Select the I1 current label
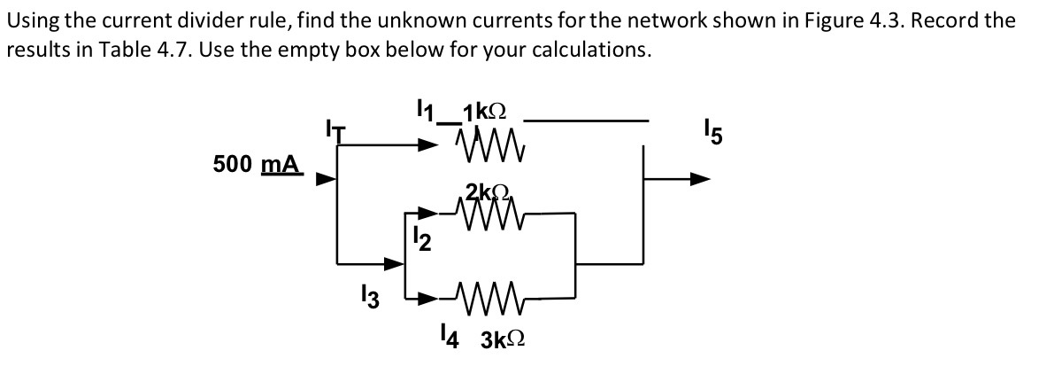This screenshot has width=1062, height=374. (x=429, y=112)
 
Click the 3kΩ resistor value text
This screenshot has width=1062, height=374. (x=505, y=339)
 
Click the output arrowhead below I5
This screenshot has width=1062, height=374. (x=699, y=178)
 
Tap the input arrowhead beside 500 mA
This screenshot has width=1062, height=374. (x=326, y=179)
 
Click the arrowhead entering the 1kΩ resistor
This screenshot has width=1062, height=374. (x=430, y=144)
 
